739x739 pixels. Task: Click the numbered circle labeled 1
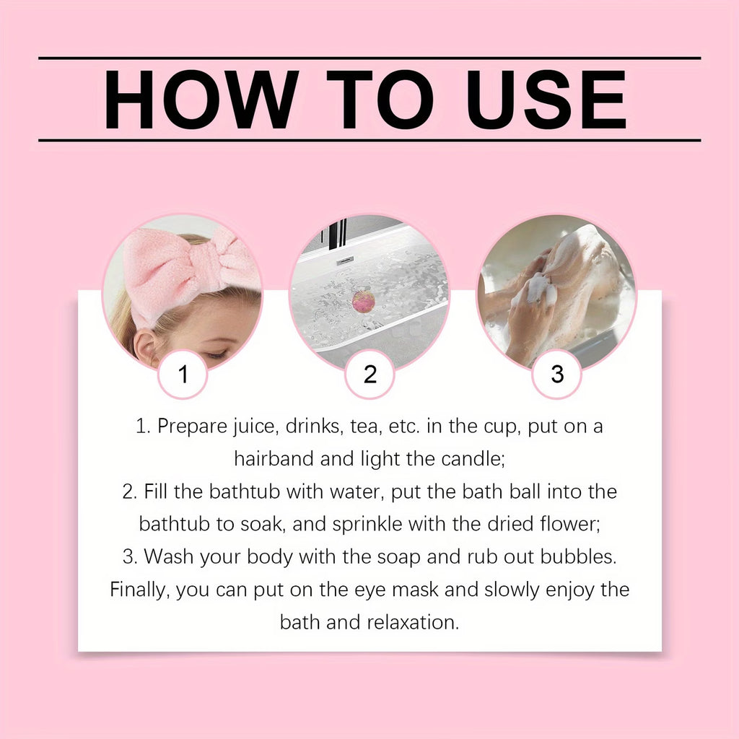point(183,374)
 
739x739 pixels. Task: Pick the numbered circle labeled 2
point(370,374)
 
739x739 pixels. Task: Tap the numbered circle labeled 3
point(557,374)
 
